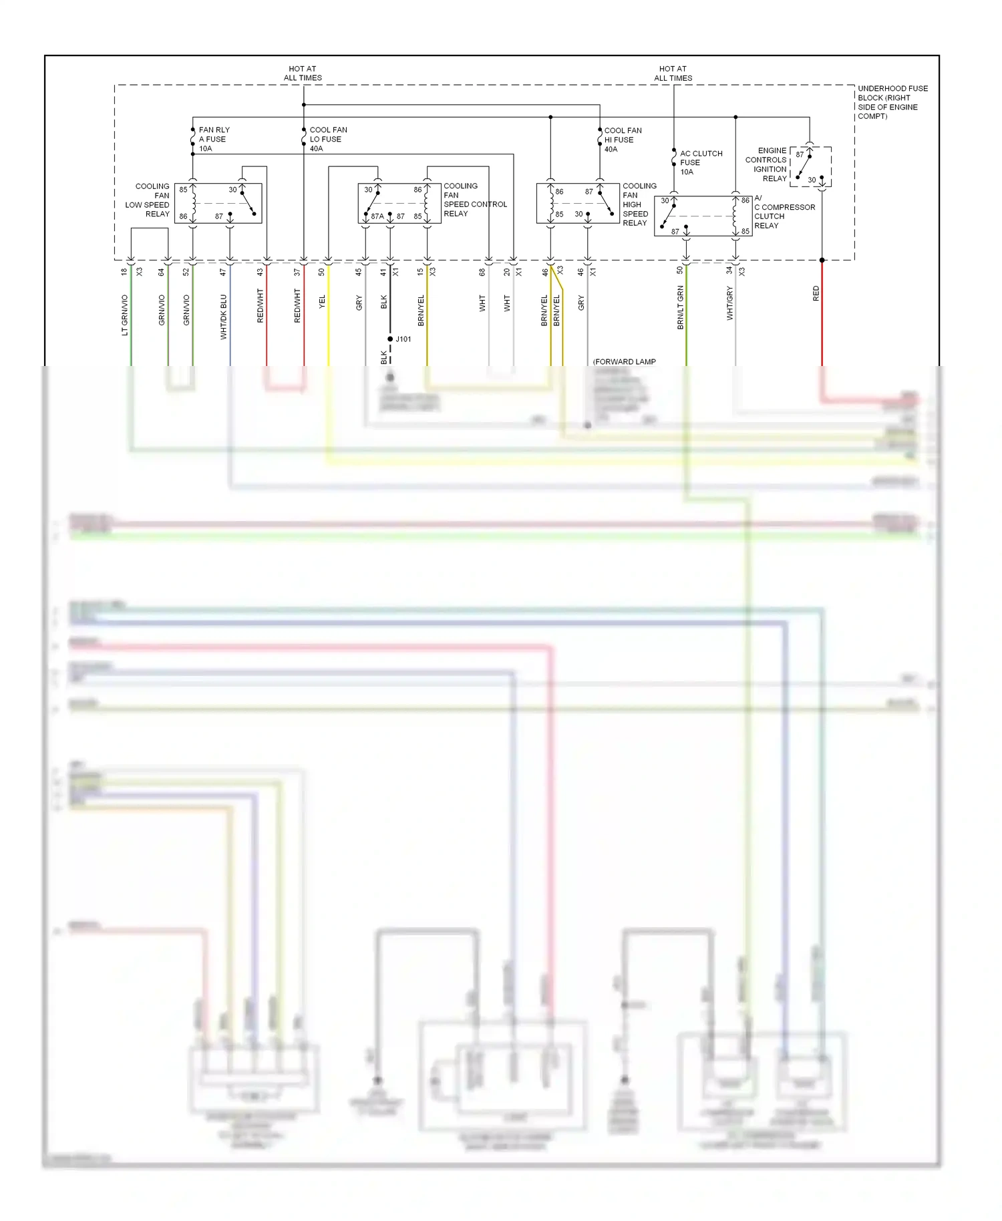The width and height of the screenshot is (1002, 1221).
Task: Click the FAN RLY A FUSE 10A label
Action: click(x=214, y=139)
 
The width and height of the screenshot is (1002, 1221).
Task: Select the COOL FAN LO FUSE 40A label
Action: click(x=327, y=139)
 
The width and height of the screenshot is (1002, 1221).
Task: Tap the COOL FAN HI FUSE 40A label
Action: click(x=622, y=140)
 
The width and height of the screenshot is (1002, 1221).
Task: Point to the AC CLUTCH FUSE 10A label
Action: click(x=700, y=162)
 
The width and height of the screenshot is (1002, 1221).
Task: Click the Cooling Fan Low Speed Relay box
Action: click(x=218, y=203)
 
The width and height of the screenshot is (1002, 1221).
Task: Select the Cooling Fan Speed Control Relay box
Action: click(x=399, y=203)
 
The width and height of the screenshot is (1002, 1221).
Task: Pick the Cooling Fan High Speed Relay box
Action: click(x=577, y=203)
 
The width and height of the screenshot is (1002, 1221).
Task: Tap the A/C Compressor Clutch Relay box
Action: click(x=703, y=216)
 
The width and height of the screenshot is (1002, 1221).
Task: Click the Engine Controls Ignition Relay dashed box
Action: click(x=810, y=166)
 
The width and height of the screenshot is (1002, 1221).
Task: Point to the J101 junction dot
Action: click(x=390, y=339)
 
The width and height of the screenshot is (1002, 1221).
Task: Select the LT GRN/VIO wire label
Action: click(x=124, y=315)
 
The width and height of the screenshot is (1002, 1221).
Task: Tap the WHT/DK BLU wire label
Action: click(x=223, y=317)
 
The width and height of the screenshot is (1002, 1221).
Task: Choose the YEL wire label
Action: click(x=321, y=301)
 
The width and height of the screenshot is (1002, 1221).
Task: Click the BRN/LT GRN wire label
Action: click(x=680, y=307)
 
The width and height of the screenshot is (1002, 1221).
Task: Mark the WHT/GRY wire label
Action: click(x=729, y=303)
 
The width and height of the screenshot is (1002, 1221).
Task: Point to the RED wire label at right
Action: click(x=815, y=293)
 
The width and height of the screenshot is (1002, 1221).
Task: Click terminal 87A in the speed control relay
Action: click(x=377, y=216)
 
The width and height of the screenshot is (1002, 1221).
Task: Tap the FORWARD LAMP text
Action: click(x=625, y=361)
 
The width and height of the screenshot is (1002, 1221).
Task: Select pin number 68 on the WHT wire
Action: click(x=482, y=272)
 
